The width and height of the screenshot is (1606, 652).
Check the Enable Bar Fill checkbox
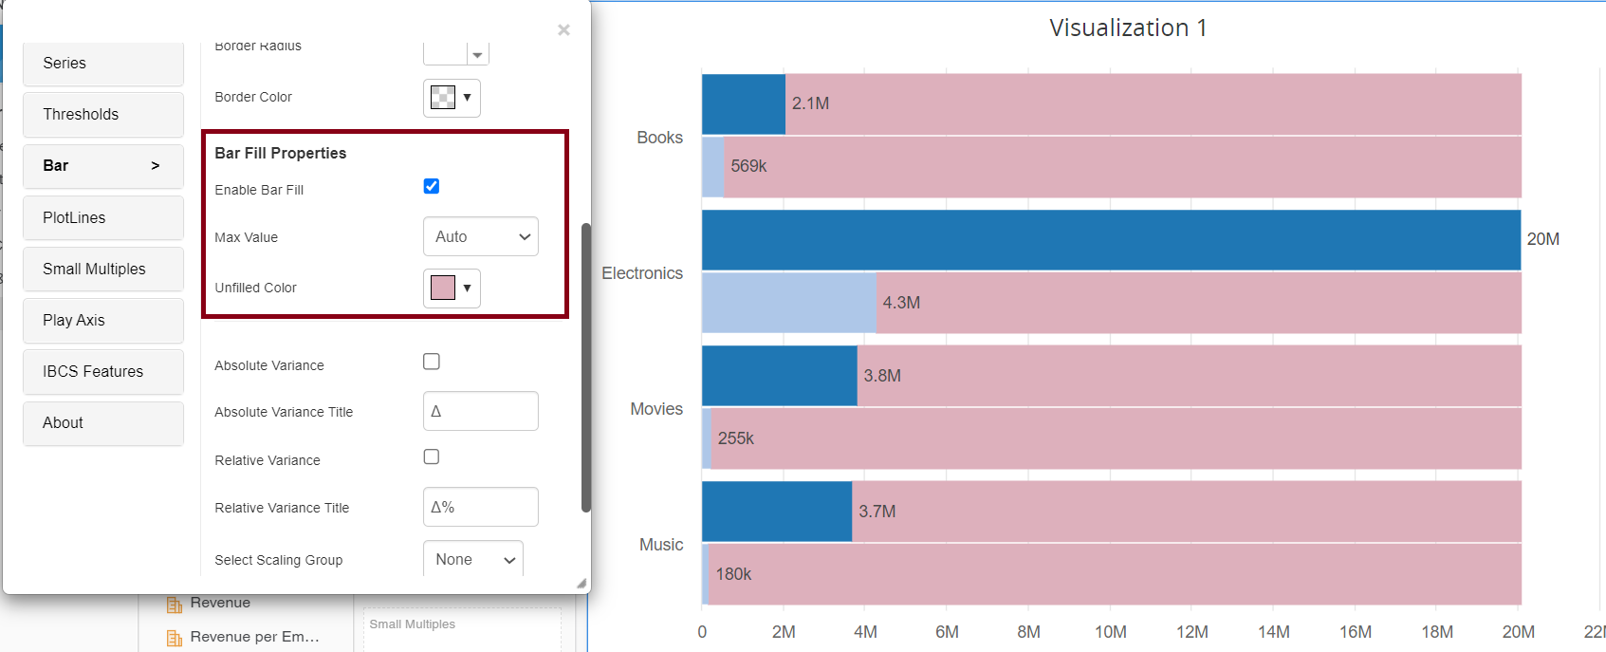(431, 186)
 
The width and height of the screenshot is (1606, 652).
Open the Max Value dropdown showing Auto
(480, 236)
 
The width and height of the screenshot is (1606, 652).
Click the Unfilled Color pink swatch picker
(452, 288)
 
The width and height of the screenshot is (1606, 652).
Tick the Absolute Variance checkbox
(431, 362)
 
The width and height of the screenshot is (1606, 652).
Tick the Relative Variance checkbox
(431, 456)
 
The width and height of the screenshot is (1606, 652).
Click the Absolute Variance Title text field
(480, 411)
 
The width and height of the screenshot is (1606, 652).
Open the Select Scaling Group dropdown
(472, 560)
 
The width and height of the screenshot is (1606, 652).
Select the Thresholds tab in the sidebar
(102, 114)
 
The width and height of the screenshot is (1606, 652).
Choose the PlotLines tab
(102, 217)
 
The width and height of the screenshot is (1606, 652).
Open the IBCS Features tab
(102, 371)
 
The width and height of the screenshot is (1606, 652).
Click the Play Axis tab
(102, 320)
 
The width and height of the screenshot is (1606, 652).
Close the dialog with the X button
(563, 30)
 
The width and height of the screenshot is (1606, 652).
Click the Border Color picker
(452, 97)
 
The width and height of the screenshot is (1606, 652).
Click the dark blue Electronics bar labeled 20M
(1110, 240)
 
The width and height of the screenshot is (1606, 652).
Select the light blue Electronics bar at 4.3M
(788, 303)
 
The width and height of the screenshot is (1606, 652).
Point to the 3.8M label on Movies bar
(882, 376)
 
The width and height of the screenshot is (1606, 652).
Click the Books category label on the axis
(659, 138)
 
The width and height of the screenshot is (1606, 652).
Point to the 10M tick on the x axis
(1110, 632)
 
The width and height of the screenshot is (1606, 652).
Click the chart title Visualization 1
(1127, 28)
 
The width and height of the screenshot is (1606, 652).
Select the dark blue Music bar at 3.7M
(776, 512)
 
